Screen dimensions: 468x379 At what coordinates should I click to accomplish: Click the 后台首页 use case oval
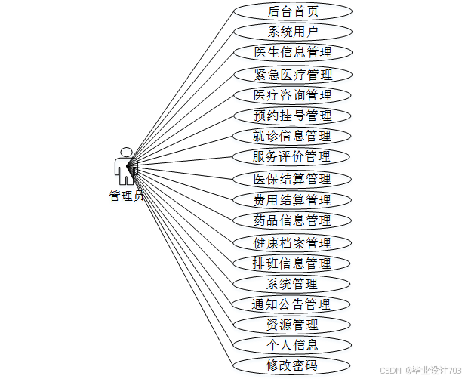292,11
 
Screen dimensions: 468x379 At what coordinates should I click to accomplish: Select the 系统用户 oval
292,32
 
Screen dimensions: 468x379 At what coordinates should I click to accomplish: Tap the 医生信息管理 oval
292,52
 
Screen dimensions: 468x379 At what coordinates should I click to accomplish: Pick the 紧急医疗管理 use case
292,74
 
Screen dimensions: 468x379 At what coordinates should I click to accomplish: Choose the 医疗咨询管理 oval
292,95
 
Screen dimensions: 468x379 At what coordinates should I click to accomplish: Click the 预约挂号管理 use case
292,116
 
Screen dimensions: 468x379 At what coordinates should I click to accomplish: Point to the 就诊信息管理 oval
292,136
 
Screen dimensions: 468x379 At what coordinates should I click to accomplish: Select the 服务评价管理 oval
292,157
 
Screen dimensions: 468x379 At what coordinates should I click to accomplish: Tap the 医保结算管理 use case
292,179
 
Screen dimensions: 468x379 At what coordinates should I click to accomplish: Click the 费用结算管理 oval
292,200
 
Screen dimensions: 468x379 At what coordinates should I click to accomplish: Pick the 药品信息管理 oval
292,220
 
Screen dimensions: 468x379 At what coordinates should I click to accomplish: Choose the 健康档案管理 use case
292,242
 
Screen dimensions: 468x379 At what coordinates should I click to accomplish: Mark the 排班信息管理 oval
292,263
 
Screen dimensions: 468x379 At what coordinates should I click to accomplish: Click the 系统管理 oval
292,284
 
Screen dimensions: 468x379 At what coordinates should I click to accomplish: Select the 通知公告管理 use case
292,304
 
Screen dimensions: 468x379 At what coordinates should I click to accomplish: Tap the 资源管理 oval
292,325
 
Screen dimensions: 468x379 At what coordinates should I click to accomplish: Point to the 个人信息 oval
292,345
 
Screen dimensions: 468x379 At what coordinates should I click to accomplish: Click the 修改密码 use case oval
292,366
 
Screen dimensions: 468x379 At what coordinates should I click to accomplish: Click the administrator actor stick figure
125,166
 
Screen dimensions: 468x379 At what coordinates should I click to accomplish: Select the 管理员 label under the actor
126,196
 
